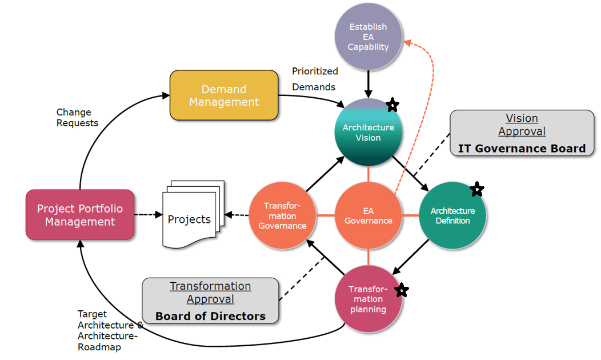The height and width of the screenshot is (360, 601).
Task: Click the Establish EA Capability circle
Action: coord(368,37)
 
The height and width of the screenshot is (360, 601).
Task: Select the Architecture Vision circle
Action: coord(368,133)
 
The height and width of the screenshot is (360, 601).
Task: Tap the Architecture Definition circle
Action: coord(452,216)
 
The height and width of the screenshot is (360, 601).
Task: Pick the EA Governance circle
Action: coord(368,216)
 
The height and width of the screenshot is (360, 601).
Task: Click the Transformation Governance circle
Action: coord(283,216)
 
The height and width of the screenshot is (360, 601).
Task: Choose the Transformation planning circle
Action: coord(368,299)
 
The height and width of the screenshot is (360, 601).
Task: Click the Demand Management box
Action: coord(224,95)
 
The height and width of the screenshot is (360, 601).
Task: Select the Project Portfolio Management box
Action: coord(80,215)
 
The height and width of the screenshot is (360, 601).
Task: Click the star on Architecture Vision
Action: coord(392,105)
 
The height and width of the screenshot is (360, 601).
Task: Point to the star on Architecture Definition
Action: coord(477,189)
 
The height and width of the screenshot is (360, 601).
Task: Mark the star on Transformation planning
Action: coord(402,290)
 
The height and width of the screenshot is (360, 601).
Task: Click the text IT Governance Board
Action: coord(522,149)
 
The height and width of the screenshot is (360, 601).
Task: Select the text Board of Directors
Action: coord(210,316)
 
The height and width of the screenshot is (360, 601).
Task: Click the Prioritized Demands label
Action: coord(315,79)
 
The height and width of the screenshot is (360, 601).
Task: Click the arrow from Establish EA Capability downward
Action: coord(368,83)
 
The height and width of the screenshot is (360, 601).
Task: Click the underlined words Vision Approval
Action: coord(522,125)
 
